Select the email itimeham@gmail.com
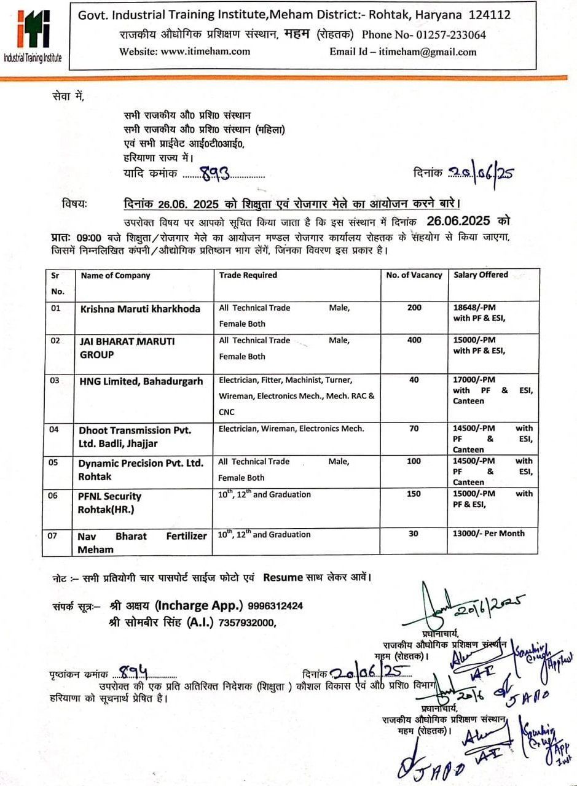(x=427, y=52)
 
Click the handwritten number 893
(x=215, y=175)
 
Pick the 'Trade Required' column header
(x=248, y=275)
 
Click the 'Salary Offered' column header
(x=481, y=275)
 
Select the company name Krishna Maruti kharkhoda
(x=140, y=309)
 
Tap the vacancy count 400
(x=414, y=340)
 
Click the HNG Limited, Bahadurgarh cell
(x=141, y=381)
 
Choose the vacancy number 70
(x=414, y=429)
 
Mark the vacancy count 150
(x=414, y=494)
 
